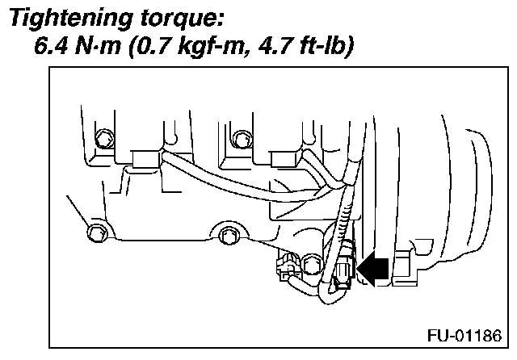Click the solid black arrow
(x=373, y=266)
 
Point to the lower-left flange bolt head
(x=95, y=234)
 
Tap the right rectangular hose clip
(x=284, y=161)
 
